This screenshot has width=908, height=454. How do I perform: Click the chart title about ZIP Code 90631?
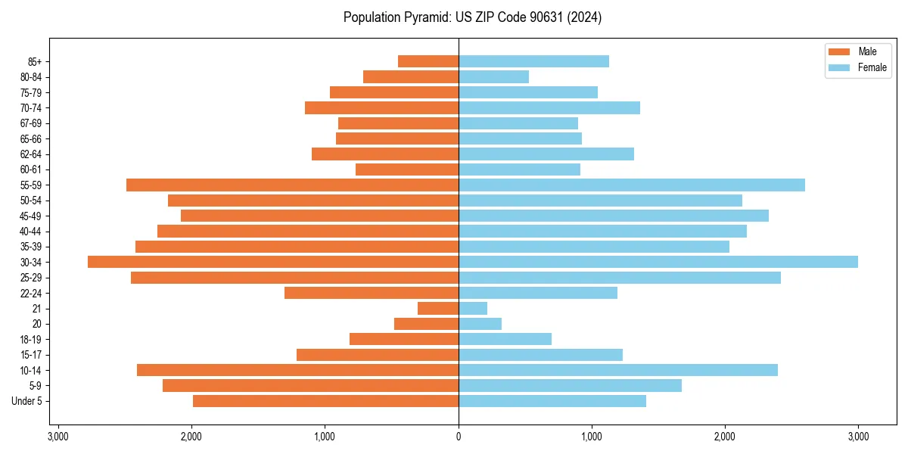[x=472, y=17]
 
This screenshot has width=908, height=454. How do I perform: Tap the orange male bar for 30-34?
[x=273, y=262]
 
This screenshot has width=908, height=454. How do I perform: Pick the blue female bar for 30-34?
[x=658, y=262]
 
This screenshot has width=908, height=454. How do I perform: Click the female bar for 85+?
[x=533, y=61]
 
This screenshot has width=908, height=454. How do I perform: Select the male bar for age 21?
[x=438, y=309]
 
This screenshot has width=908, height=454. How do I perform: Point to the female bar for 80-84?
[x=493, y=76]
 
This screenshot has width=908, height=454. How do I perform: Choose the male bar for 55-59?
[x=292, y=185]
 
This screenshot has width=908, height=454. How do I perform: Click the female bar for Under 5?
[x=552, y=401]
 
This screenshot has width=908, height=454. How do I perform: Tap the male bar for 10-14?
[x=297, y=370]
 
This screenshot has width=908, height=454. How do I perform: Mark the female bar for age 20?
[x=480, y=324]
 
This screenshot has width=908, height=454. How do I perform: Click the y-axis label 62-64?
[x=31, y=154]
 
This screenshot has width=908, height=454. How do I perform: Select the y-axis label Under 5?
[x=26, y=401]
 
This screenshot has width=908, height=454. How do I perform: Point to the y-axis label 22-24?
[x=31, y=293]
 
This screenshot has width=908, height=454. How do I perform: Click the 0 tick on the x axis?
[x=459, y=437]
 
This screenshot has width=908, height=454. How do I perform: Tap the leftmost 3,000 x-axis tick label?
[x=58, y=437]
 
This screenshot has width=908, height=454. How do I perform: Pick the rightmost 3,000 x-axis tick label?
[x=858, y=437]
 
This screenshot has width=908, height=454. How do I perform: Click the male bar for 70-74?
[x=381, y=107]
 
